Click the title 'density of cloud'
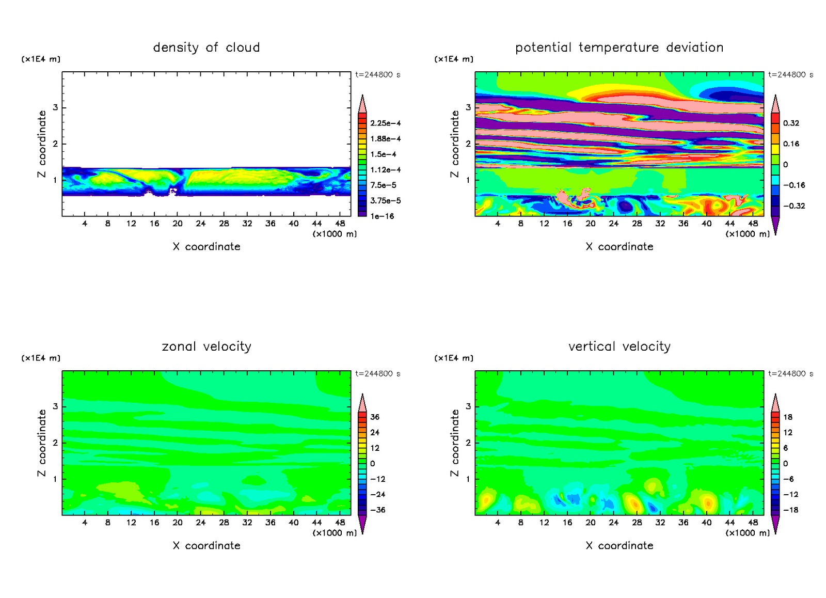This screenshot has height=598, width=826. tap(206, 48)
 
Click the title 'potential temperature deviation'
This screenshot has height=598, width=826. tap(619, 48)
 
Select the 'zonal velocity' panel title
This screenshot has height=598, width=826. tap(206, 347)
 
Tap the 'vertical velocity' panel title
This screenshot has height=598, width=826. tap(619, 347)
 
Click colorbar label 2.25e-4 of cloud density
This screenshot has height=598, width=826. tap(385, 123)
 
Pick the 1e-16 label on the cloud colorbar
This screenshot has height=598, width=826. tap(382, 216)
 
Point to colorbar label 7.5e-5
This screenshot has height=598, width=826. tap(383, 185)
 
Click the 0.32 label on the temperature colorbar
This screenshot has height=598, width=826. tap(791, 123)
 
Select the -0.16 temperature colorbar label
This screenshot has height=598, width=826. tap(793, 185)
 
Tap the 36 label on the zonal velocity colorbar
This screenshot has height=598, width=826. tap(375, 417)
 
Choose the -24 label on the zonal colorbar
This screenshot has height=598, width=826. tap(377, 495)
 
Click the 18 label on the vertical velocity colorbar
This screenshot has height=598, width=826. tap(788, 417)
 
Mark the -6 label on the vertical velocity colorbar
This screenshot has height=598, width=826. tap(788, 479)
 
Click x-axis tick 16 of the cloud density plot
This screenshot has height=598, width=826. tap(154, 224)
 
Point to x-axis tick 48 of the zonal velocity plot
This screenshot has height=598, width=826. tap(340, 523)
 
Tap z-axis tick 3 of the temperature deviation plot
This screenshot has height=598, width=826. tap(468, 107)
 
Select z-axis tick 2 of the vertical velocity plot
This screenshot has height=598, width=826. tap(468, 443)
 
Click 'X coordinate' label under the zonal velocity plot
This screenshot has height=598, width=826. tap(206, 546)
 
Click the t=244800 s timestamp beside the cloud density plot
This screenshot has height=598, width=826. tap(377, 75)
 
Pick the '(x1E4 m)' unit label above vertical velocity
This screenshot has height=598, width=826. tap(454, 358)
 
